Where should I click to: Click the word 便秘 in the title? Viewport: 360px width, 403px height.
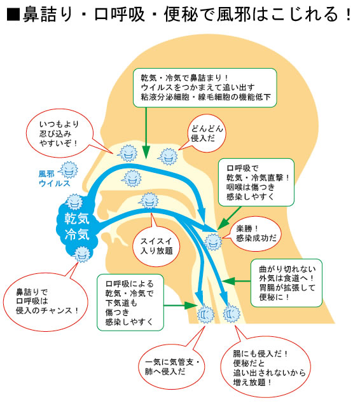181,14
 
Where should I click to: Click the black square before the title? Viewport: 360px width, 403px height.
13,15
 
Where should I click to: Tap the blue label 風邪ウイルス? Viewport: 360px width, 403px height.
54,179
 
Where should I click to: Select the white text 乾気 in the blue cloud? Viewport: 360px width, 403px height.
77,219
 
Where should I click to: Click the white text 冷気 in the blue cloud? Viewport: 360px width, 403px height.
77,235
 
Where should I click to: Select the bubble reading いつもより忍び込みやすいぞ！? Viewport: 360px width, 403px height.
60,133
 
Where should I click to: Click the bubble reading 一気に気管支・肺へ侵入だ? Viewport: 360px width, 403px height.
171,366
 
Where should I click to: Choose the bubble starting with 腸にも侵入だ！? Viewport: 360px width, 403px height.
265,367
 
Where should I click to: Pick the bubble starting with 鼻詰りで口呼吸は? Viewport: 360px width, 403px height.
45,301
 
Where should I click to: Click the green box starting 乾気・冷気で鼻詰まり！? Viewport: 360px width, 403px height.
205,88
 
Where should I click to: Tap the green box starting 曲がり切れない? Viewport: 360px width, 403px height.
286,283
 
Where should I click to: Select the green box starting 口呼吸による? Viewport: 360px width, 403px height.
130,303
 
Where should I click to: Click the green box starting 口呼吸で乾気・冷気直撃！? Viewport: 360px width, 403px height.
256,182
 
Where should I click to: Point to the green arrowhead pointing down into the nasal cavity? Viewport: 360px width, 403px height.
146,152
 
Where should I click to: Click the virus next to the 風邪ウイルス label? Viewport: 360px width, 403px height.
68,170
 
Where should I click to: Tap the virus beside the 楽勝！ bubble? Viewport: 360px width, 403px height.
213,242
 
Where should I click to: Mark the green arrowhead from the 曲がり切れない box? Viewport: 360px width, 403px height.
228,281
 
